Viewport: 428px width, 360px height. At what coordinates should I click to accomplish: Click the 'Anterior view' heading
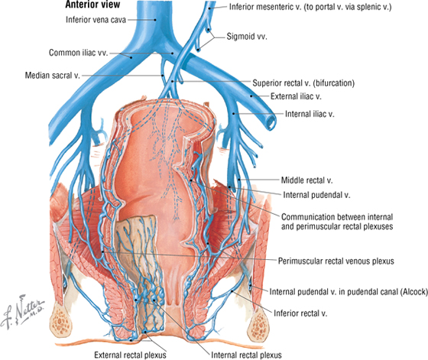coord(92,5)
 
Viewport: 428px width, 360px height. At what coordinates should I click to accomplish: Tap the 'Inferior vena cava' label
coord(96,20)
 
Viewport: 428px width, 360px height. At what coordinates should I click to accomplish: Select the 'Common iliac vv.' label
coord(79,53)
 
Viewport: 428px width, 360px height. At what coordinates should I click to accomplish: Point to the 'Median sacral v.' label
coord(53,75)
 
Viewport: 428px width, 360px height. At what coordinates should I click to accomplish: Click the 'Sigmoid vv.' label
coord(247,36)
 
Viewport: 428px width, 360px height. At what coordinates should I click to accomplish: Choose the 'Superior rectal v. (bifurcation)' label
coord(303,83)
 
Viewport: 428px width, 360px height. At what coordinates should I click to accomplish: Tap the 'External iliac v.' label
coord(296,96)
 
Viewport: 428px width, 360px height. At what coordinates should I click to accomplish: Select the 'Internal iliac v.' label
coord(310,114)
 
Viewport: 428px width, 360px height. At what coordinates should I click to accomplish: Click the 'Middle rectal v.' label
coord(306,180)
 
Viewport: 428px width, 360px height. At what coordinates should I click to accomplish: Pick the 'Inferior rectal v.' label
coord(300,313)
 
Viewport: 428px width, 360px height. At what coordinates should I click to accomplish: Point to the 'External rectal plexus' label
coord(130,355)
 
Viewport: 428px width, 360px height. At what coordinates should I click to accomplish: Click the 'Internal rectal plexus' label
coord(246,355)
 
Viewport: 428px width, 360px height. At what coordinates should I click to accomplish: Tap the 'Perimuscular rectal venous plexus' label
coord(336,261)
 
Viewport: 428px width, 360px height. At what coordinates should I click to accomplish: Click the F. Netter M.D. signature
coord(22,311)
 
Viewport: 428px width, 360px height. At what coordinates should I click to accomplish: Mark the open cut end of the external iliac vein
coord(271,121)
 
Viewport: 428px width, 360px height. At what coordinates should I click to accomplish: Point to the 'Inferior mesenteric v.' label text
coord(264,7)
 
